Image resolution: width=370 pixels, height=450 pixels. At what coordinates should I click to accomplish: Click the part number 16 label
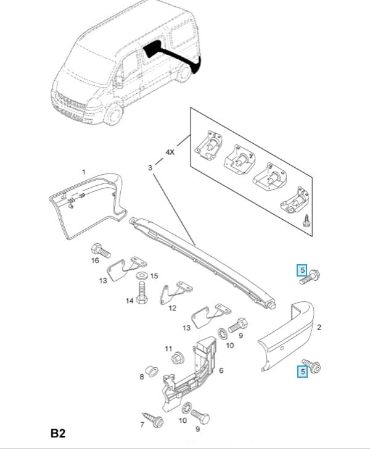94,260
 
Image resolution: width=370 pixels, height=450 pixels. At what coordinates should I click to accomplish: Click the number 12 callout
173,307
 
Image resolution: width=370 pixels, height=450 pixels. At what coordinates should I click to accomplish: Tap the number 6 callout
221,370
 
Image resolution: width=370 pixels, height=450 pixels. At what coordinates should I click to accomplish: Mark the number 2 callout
319,327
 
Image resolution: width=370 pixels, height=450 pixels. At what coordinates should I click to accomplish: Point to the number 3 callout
150,167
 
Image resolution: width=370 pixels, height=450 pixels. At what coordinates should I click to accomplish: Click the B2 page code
58,433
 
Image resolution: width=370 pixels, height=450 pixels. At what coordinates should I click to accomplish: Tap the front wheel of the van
112,115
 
